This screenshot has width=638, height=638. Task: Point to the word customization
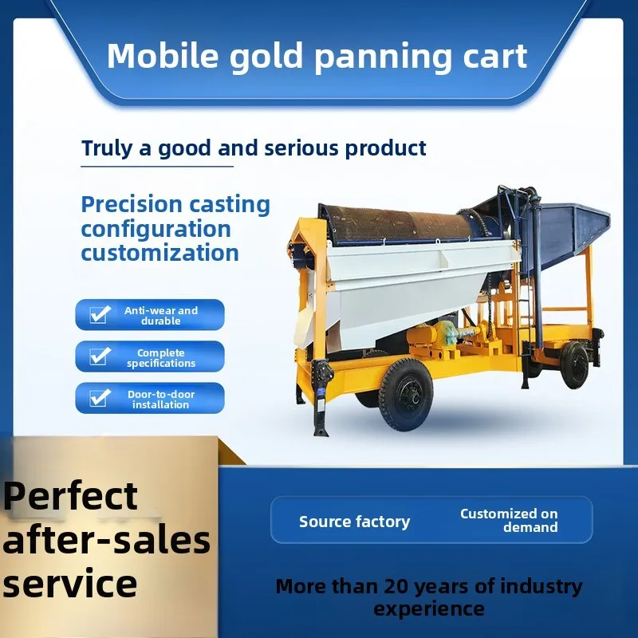pyautogui.click(x=159, y=254)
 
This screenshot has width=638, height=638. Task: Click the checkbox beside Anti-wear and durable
pyautogui.click(x=99, y=315)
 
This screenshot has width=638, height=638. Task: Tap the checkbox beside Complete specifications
pyautogui.click(x=99, y=356)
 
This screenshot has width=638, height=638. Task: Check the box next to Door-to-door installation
pyautogui.click(x=99, y=399)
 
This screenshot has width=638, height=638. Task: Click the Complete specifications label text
pyautogui.click(x=160, y=358)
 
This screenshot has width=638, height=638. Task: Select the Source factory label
pyautogui.click(x=354, y=522)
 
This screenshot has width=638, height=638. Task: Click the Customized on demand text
pyautogui.click(x=509, y=520)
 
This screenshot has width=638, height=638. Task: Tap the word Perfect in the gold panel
pyautogui.click(x=70, y=496)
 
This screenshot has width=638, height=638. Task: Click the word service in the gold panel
pyautogui.click(x=70, y=583)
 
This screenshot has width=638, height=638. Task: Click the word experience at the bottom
pyautogui.click(x=429, y=609)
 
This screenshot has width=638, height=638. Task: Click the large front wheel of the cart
pyautogui.click(x=405, y=394)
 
